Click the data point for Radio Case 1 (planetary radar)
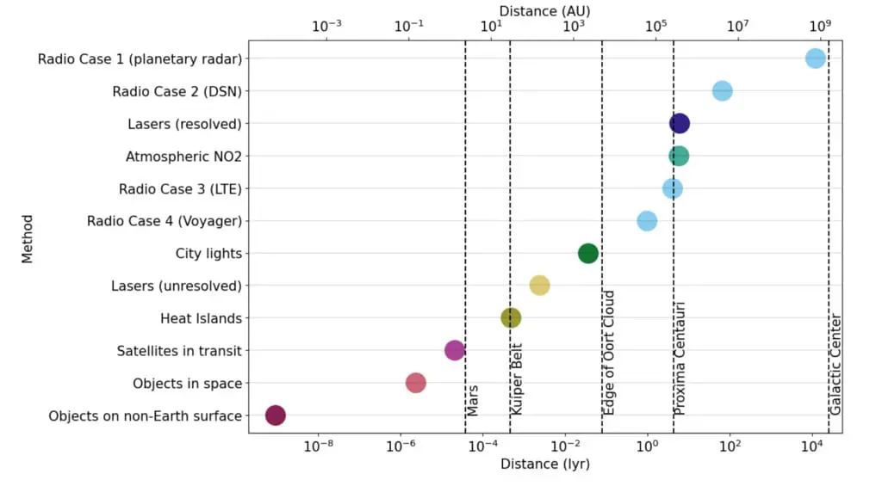coord(815,58)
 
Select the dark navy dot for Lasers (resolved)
coord(680,124)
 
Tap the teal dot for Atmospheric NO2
coord(679,156)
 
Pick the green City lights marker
coord(588,253)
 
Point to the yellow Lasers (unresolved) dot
coord(539,286)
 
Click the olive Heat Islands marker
coord(511,318)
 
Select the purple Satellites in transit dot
coord(455,350)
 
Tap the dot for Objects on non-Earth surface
coord(275,415)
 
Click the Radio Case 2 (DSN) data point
coord(722,91)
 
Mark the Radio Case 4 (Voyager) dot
coord(647,221)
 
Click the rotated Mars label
coord(473,401)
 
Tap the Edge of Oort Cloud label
coord(609,354)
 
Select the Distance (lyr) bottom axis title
coord(544,464)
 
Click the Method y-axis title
coord(28,238)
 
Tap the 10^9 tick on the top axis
coord(820,26)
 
